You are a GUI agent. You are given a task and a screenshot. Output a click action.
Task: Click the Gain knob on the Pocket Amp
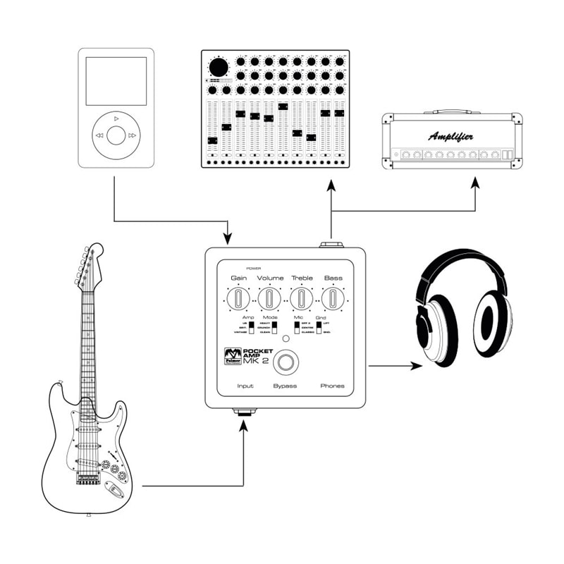238,299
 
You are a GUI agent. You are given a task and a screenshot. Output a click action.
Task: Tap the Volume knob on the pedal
270,299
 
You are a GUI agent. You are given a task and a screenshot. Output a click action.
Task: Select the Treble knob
302,299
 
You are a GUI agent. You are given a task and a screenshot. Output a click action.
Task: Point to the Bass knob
333,299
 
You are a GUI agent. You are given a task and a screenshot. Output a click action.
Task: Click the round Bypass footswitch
286,362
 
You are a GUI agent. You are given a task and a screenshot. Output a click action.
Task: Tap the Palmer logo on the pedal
233,355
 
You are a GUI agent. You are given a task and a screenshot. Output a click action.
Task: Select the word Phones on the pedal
332,386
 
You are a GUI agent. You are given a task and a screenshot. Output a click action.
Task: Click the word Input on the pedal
245,386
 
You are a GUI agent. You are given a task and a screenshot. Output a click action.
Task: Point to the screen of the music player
116,81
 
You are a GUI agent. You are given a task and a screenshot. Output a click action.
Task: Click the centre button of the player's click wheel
116,135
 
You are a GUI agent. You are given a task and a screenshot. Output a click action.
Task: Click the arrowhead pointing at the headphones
418,366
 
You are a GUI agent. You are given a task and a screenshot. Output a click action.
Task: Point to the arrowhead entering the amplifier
475,182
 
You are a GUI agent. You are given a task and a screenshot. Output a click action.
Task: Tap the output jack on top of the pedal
330,245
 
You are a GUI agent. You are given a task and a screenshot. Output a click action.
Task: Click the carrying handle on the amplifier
451,111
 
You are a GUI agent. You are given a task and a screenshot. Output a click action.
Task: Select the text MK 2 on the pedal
257,362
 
